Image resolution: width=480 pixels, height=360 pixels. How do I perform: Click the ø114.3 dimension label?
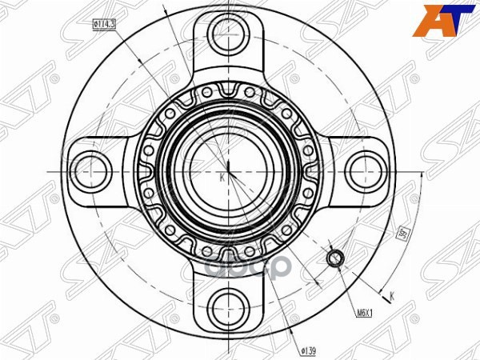104,25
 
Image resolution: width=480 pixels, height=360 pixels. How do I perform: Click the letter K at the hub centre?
222,178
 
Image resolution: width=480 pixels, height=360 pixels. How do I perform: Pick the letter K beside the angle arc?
392,298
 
